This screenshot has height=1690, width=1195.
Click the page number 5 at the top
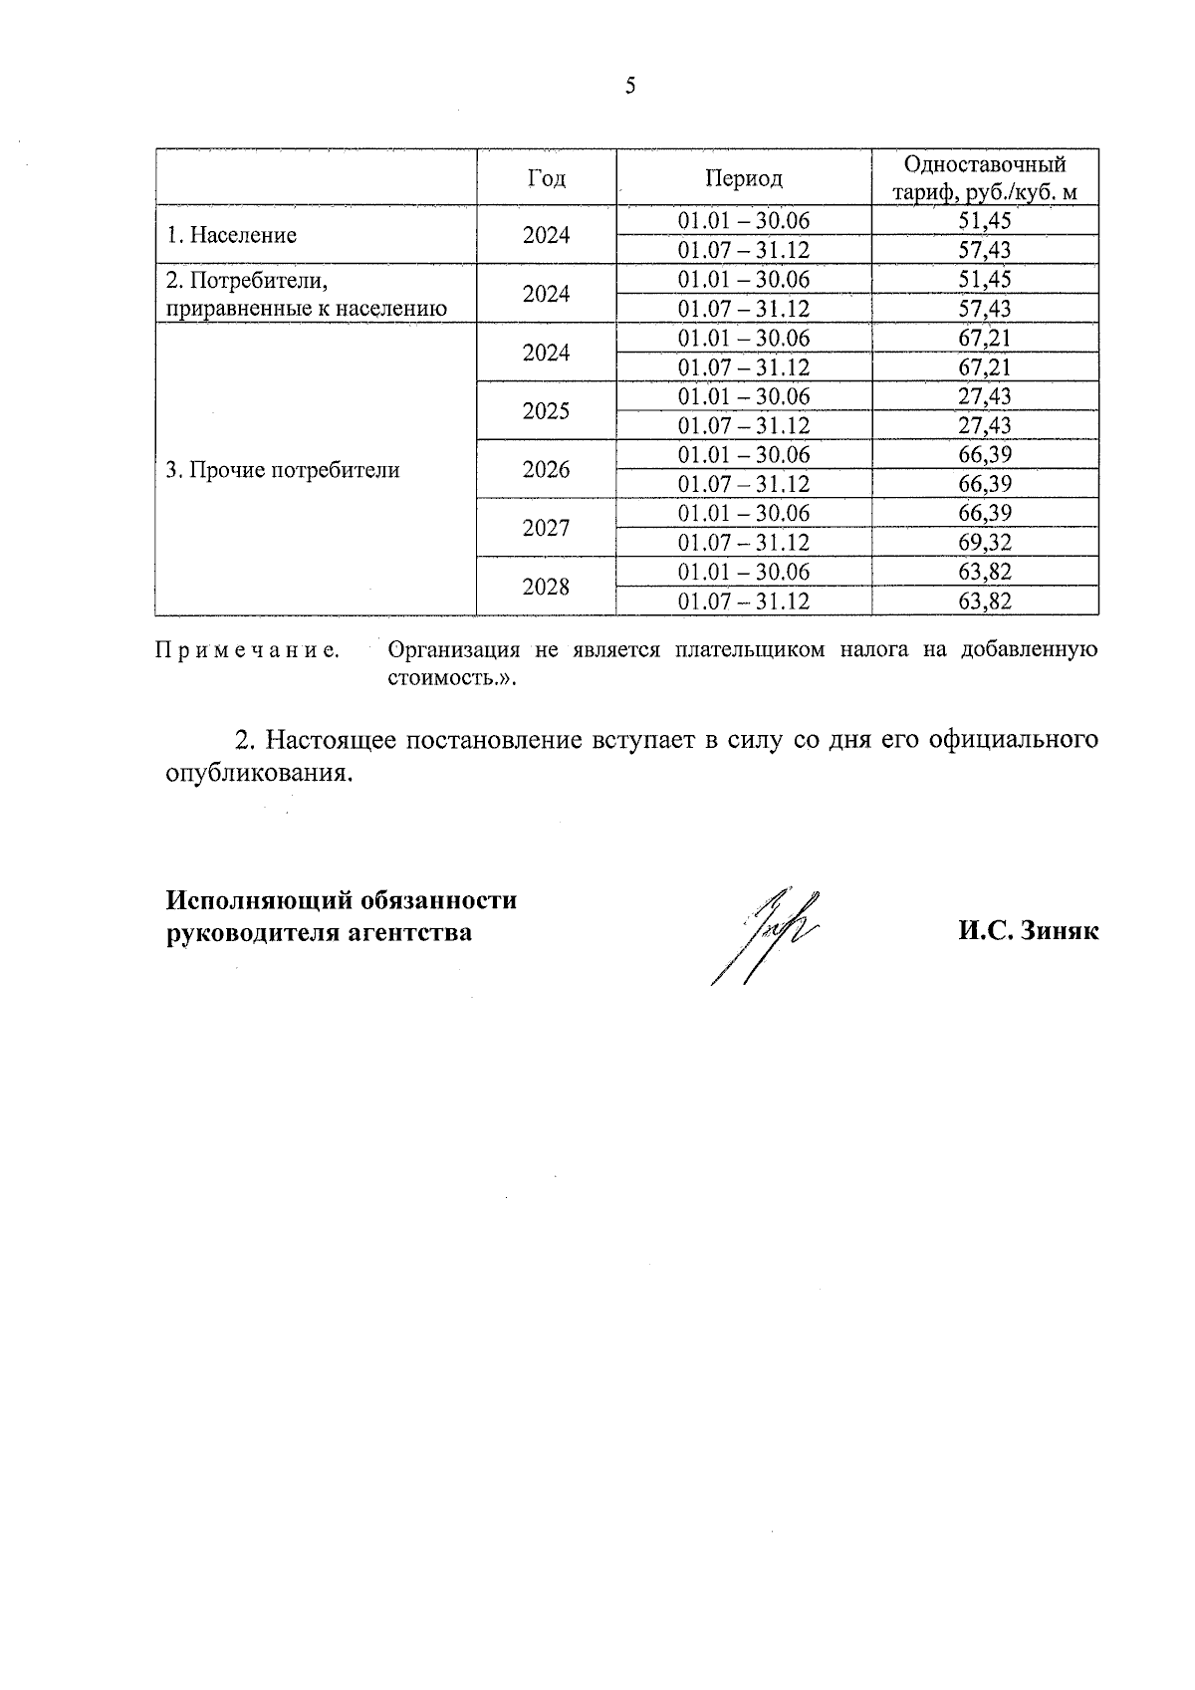point(629,87)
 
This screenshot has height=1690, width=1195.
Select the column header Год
point(546,178)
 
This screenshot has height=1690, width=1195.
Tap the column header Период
point(744,178)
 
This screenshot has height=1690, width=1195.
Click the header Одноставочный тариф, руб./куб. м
point(984,178)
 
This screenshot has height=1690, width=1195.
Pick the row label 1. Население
point(231,236)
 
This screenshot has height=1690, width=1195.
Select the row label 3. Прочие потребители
point(282,470)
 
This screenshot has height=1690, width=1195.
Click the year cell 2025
point(546,411)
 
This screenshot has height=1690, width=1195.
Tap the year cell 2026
point(546,470)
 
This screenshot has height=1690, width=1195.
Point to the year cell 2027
point(546,528)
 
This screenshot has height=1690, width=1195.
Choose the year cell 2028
point(546,587)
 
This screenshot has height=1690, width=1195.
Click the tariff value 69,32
point(984,543)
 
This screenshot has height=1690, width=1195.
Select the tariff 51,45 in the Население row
point(984,221)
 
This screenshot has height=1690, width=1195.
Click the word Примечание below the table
point(247,651)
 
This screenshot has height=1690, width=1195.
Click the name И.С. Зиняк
point(1029,932)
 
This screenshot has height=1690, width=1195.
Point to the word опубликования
point(259,774)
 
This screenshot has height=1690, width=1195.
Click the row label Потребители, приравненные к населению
point(305,295)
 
